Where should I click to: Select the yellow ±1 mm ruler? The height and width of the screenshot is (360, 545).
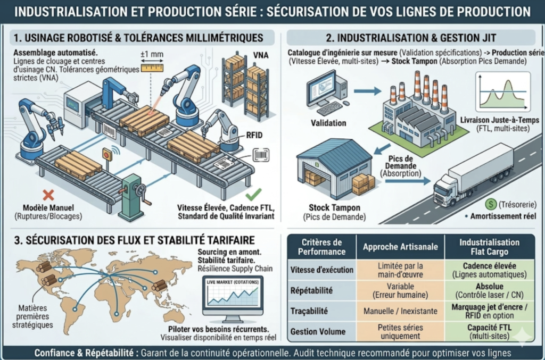152,68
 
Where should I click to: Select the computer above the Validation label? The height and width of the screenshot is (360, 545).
325,94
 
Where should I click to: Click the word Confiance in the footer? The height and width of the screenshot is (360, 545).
56,353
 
